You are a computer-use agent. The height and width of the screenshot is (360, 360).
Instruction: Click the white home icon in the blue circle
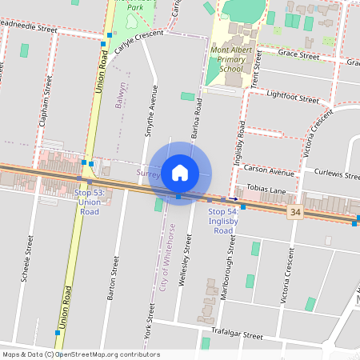pos(180,172)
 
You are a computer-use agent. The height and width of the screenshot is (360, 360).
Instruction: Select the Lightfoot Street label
pos(292,97)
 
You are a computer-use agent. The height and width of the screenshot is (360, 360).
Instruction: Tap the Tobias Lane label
pos(266,188)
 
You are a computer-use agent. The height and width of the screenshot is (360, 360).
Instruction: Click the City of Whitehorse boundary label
pos(169,257)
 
